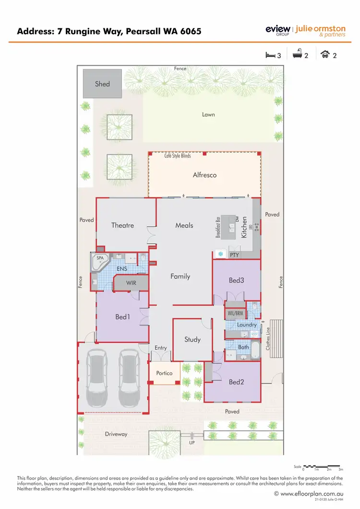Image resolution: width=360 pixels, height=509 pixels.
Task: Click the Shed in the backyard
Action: click(102, 84)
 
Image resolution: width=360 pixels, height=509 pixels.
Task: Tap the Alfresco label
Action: click(204, 175)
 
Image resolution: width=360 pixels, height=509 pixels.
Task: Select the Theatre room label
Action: click(122, 225)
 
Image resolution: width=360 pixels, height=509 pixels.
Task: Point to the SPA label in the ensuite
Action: click(100, 258)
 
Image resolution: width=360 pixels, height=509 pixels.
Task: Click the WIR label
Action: click(131, 283)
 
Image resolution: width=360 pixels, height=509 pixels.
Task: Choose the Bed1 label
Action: click(122, 317)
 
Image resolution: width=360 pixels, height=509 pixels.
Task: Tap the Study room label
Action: click(192, 339)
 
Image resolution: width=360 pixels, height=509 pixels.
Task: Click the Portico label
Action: click(164, 373)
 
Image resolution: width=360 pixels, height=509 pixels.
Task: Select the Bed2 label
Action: click(236, 382)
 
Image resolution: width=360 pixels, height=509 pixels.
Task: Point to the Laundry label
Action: click(247, 325)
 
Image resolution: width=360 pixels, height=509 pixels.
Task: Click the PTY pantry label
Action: click(235, 254)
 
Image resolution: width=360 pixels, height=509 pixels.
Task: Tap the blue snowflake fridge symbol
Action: click(221, 254)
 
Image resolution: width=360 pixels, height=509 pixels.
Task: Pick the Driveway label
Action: click(116, 434)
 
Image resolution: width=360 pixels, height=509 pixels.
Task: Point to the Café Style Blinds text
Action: click(178, 156)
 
